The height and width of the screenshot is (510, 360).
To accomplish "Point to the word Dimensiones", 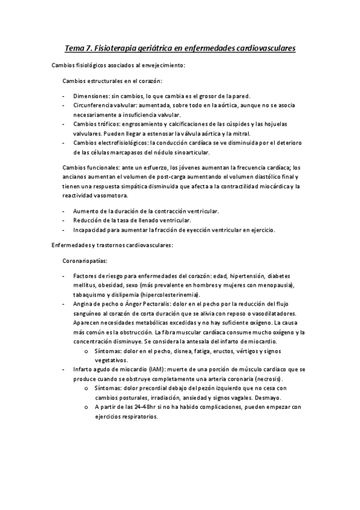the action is pyautogui.click(x=91, y=96).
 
